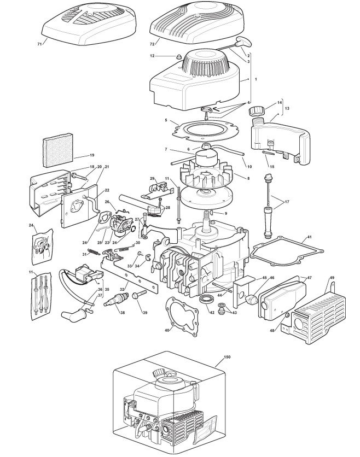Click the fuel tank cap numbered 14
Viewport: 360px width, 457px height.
click(x=257, y=112)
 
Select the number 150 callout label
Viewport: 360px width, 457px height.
click(x=227, y=357)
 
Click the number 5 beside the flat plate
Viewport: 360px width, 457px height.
click(x=165, y=119)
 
